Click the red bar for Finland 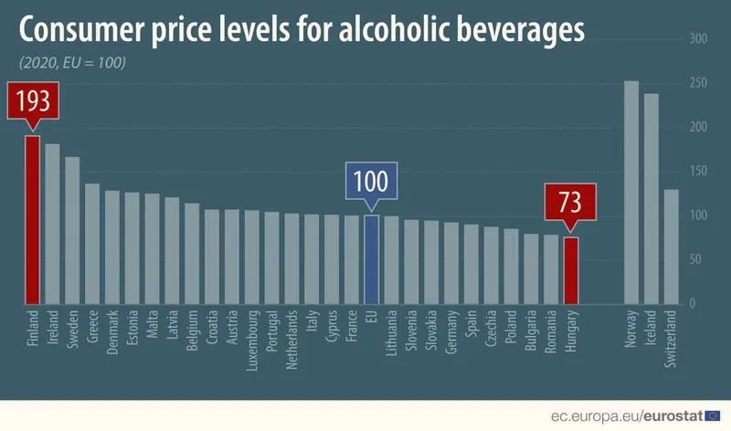coord(32,219)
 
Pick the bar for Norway coord(631,192)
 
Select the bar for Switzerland coord(672,247)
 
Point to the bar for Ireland coord(52,224)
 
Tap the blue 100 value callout coord(371,180)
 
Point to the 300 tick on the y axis coord(698,40)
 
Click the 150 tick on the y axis coord(698,172)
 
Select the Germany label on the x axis coord(451,337)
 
